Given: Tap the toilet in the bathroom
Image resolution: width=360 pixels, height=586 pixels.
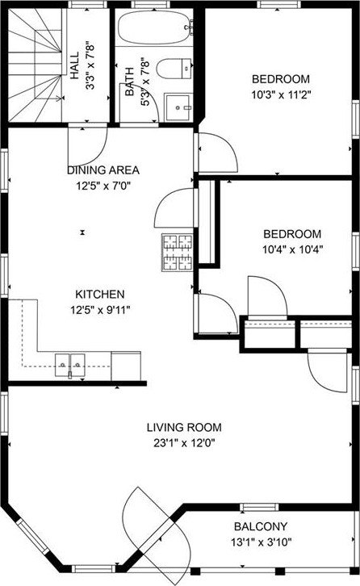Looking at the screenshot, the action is click(174, 69).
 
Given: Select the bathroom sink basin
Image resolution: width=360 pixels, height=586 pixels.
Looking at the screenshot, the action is click(179, 107).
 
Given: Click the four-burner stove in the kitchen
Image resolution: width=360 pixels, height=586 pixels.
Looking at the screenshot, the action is click(178, 253).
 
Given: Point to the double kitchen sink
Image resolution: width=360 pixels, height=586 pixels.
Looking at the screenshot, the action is click(70, 365).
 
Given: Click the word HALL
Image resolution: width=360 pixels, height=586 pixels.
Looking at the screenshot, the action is click(75, 65).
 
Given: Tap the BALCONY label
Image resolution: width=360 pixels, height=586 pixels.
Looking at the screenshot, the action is click(261, 526).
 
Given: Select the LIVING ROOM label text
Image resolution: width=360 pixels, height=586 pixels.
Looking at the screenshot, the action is click(184, 427).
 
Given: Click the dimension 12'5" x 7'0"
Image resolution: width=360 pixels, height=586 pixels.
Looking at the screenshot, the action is click(103, 186).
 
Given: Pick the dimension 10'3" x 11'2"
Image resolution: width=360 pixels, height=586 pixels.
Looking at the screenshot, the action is click(281, 94).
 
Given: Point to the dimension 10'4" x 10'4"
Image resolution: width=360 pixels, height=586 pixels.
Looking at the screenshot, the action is click(292, 249).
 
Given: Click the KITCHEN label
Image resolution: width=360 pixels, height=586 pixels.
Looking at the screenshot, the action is click(100, 294).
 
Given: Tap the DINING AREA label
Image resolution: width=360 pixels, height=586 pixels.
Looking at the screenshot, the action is click(103, 170).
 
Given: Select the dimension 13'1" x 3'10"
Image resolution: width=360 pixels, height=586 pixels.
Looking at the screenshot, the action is click(261, 542).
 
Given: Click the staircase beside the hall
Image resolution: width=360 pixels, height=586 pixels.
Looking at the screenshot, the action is click(36, 65).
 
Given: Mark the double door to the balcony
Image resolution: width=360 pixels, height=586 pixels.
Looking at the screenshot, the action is click(157, 529).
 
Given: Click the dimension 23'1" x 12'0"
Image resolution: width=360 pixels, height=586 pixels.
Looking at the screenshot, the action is click(184, 443).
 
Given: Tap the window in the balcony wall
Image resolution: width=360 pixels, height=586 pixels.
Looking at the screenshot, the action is click(259, 507).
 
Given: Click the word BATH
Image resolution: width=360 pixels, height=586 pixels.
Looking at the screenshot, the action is click(129, 82).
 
